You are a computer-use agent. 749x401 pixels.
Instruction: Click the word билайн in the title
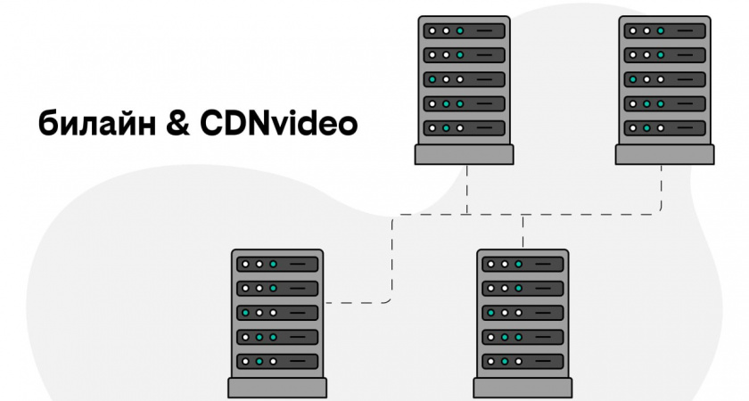click(x=93, y=124)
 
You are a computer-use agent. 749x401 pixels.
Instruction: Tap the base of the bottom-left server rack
click(x=277, y=388)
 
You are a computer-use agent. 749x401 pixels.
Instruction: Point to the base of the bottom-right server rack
click(x=523, y=388)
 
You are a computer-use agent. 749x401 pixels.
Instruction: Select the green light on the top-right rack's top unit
click(x=661, y=31)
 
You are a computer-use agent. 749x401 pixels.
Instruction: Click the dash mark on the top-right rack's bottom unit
click(x=686, y=128)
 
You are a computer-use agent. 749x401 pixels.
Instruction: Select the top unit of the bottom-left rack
click(x=277, y=265)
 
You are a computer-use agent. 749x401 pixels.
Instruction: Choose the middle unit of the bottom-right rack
click(x=523, y=314)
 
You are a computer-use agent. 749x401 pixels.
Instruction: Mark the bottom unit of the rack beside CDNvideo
click(x=464, y=128)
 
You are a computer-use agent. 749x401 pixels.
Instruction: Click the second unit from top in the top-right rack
click(x=664, y=55)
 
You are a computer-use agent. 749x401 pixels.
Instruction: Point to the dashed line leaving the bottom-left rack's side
click(x=357, y=303)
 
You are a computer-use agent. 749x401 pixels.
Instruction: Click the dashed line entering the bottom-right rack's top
click(x=523, y=233)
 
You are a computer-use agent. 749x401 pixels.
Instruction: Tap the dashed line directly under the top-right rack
click(x=662, y=187)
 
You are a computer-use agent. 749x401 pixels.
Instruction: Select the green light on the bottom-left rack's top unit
click(x=274, y=265)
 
